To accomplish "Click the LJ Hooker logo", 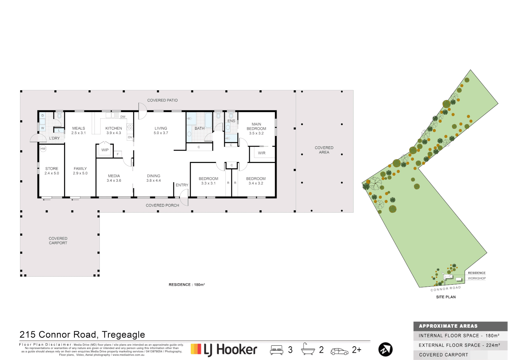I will click(x=224, y=350).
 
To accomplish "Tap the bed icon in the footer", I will click(x=277, y=350).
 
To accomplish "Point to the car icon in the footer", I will click(x=339, y=351).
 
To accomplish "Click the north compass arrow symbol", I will click(x=385, y=349).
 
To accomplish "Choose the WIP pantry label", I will click(x=105, y=150).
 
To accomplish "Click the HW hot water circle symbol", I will click(x=43, y=149).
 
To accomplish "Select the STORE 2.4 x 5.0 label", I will click(x=52, y=171).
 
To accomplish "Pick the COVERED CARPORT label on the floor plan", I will click(x=58, y=241).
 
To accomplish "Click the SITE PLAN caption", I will click(x=446, y=297).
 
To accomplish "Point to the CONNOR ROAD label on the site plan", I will click(x=445, y=289).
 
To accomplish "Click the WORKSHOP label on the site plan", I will click(x=477, y=278).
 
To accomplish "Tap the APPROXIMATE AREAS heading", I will click(x=448, y=326).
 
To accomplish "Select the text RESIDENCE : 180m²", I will click(x=186, y=285).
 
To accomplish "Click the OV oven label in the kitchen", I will click(x=130, y=137).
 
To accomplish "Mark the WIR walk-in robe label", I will click(x=262, y=153).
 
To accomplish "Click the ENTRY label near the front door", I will click(x=182, y=185).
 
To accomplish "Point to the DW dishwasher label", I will click(x=123, y=117).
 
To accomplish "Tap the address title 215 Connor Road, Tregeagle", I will click(x=82, y=334).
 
